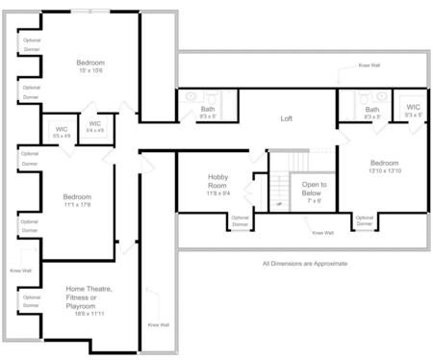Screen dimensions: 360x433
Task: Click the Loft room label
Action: tap(286, 119)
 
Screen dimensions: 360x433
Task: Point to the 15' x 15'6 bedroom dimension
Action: tap(90, 70)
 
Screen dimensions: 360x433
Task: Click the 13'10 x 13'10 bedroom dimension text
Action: tap(384, 171)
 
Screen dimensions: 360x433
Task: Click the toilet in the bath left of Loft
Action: tap(190, 97)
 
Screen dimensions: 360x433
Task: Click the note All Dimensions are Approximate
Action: tap(304, 263)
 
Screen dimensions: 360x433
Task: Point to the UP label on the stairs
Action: tap(279, 204)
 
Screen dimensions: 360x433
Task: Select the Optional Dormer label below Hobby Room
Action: tap(239, 220)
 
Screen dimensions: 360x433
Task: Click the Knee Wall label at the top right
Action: tap(369, 65)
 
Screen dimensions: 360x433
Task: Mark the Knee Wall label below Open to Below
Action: tap(322, 232)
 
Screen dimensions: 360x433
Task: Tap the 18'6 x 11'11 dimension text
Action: tap(89, 315)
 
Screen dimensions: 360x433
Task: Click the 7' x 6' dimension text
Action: tap(314, 201)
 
